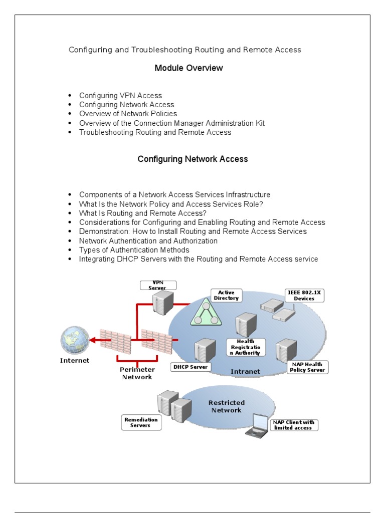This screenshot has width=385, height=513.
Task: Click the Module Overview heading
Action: click(x=188, y=68)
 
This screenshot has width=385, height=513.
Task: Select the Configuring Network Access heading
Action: click(x=192, y=159)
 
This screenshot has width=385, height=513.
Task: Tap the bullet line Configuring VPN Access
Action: click(x=120, y=95)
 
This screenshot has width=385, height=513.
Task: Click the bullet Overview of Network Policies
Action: click(x=128, y=114)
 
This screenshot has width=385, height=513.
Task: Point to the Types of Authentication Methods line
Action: click(x=134, y=250)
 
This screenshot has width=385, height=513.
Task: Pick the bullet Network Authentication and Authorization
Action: click(x=148, y=240)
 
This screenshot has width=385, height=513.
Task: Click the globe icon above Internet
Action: click(x=75, y=340)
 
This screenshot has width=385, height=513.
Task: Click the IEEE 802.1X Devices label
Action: click(x=304, y=296)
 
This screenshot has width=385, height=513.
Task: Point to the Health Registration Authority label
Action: click(x=245, y=346)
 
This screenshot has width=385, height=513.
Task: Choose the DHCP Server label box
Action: click(x=190, y=367)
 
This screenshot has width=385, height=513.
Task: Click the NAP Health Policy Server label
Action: click(x=307, y=367)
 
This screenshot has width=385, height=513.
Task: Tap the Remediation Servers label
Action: click(x=141, y=422)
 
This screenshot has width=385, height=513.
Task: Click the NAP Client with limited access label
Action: click(x=294, y=425)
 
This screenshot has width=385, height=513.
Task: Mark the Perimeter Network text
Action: click(x=137, y=373)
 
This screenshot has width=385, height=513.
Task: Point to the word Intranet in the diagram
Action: click(x=246, y=371)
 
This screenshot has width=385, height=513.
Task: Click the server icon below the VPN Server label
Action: click(x=163, y=303)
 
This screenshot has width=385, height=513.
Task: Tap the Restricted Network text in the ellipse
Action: click(x=226, y=406)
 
